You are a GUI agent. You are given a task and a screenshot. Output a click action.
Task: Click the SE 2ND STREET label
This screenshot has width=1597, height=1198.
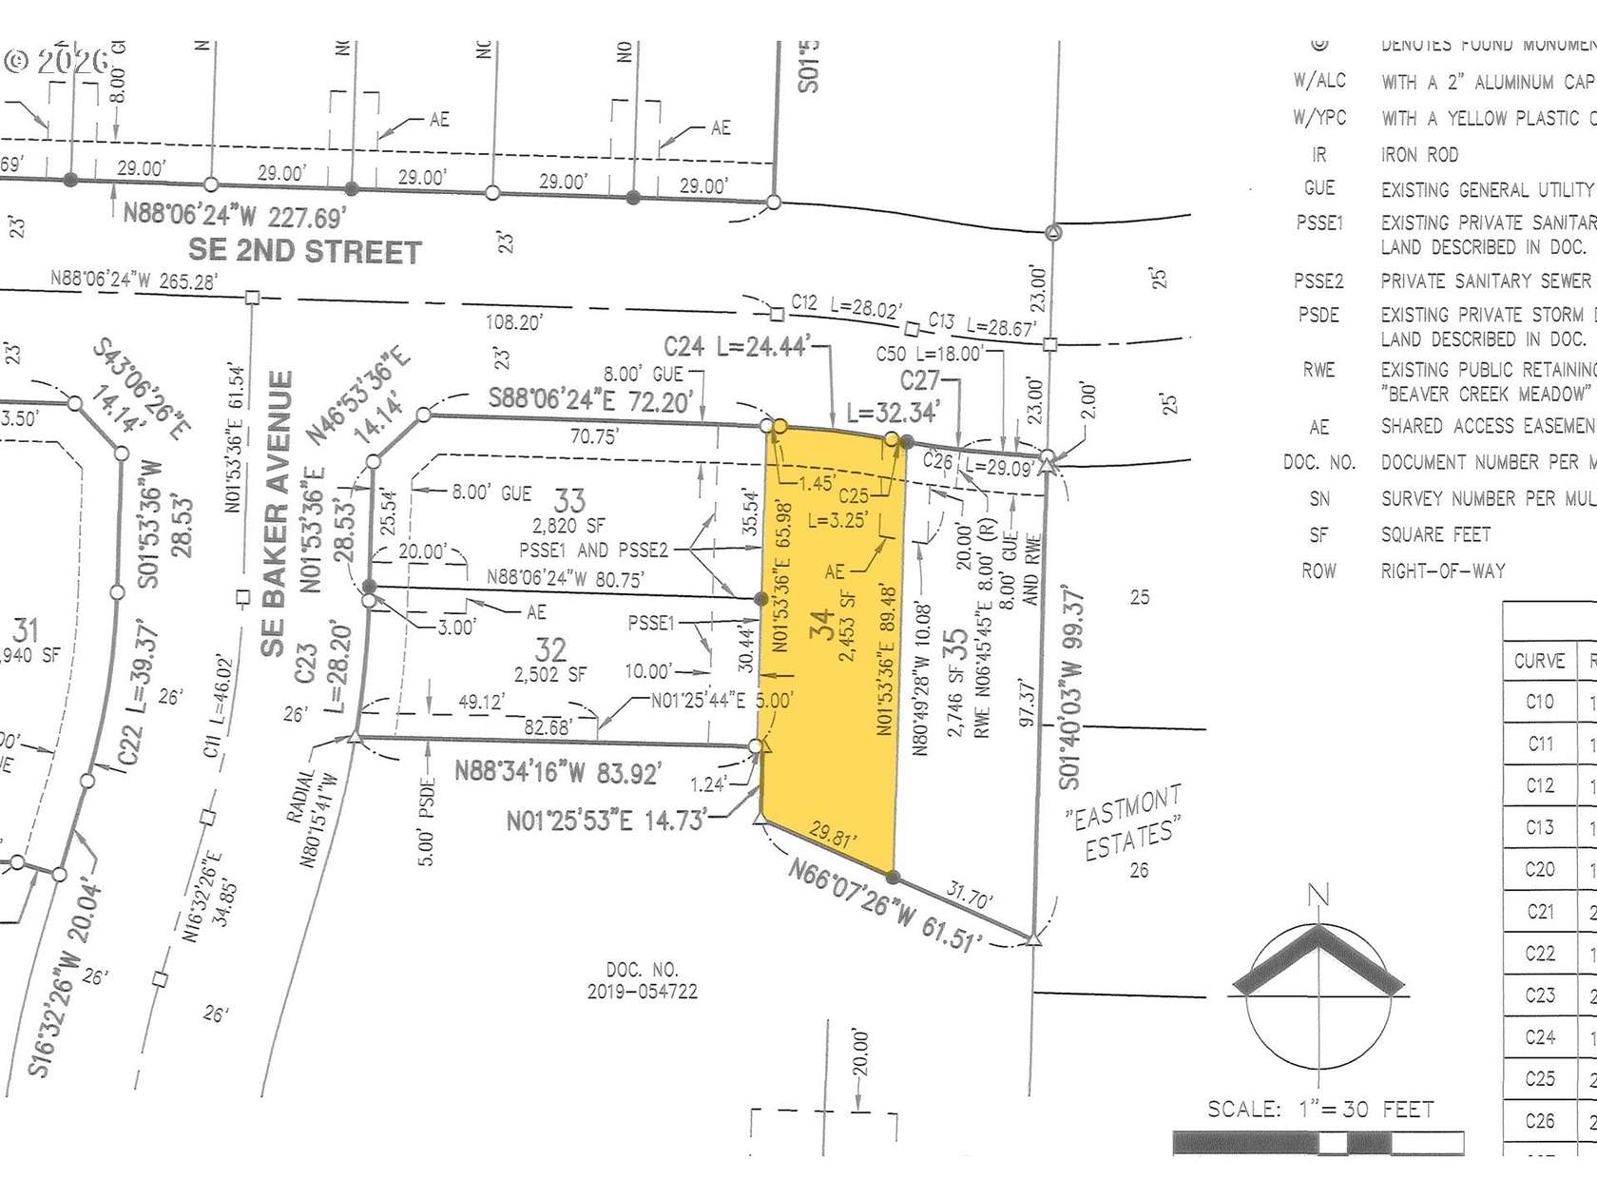pyautogui.click(x=304, y=252)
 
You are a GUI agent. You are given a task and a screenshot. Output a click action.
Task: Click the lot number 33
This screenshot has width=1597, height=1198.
pyautogui.click(x=569, y=500)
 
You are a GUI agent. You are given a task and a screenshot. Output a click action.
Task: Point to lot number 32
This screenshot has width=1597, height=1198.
pyautogui.click(x=551, y=649)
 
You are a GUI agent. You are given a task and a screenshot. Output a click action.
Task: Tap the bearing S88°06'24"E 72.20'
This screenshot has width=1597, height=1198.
pyautogui.click(x=590, y=399)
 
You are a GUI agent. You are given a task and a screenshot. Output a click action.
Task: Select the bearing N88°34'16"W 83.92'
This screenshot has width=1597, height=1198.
pyautogui.click(x=557, y=771)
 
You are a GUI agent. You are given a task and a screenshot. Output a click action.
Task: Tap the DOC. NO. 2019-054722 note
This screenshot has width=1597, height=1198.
pyautogui.click(x=642, y=980)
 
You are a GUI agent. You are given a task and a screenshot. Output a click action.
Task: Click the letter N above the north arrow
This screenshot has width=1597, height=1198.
pyautogui.click(x=1318, y=896)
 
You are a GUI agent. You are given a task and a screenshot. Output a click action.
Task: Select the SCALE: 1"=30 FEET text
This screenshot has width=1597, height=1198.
pyautogui.click(x=1320, y=1110)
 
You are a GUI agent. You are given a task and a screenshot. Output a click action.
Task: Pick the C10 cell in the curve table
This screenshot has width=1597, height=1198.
pyautogui.click(x=1539, y=703)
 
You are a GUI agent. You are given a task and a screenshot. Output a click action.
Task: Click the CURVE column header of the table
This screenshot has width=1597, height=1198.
pyautogui.click(x=1539, y=661)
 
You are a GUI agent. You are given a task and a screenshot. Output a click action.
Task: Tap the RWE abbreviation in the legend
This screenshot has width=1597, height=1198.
pyautogui.click(x=1318, y=370)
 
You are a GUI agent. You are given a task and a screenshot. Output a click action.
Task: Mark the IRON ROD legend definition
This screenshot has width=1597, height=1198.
pyautogui.click(x=1419, y=155)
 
